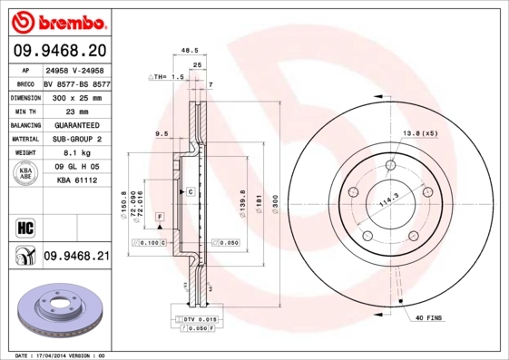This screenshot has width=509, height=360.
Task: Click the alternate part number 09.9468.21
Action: tap(76, 257)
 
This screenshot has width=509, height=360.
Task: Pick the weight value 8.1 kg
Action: tap(74, 153)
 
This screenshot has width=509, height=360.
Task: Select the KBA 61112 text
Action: tap(76, 182)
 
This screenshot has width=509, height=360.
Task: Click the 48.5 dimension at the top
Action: tap(190, 51)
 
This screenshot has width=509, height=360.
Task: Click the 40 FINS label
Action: tap(430, 317)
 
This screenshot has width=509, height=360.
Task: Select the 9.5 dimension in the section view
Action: tap(162, 134)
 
